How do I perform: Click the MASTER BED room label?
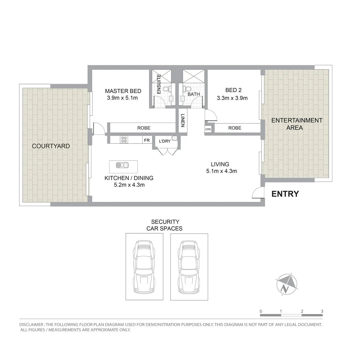pos(123,91)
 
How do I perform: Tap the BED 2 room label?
pos(233,90)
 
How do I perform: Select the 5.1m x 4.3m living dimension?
pos(221,171)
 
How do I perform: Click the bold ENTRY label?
pos(285,194)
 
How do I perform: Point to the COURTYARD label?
pos(51,146)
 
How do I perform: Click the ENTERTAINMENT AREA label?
pos(297,124)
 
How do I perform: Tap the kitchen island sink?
pos(122,165)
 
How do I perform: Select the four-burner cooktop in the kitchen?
pos(124,140)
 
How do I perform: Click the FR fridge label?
pos(147,140)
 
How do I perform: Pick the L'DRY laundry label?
pos(165,141)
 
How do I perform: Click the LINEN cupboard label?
pos(182,121)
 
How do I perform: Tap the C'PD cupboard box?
pos(208,129)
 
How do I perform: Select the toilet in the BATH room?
pos(187,89)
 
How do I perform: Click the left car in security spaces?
pos(144,267)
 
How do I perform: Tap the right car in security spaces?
pos(189,267)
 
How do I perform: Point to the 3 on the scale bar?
pos(322,311)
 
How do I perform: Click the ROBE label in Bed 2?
pos(235,128)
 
